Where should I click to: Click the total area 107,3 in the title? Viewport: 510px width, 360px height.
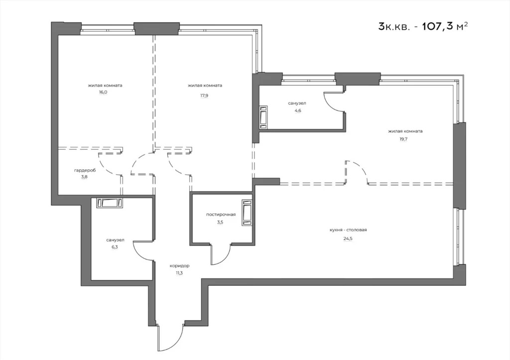pyautogui.click(x=438, y=26)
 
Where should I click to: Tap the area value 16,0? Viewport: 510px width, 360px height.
pyautogui.click(x=103, y=92)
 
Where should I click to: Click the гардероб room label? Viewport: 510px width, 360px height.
pyautogui.click(x=85, y=170)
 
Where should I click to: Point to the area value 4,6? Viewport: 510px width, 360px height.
pyautogui.click(x=297, y=111)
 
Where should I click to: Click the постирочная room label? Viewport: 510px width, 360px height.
pyautogui.click(x=221, y=215)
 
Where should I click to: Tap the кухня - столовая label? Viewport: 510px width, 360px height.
pyautogui.click(x=348, y=230)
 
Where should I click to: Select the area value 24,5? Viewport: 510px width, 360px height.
pyautogui.click(x=348, y=239)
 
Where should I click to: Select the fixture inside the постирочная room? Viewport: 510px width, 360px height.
pyautogui.click(x=247, y=213)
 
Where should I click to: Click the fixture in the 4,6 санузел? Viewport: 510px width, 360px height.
pyautogui.click(x=264, y=118)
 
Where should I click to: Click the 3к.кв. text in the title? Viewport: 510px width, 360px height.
pyautogui.click(x=394, y=26)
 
